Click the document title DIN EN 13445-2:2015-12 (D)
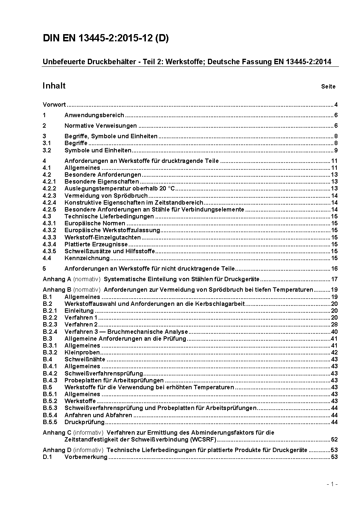click(x=106, y=38)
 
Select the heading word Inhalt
click(x=54, y=86)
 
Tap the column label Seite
click(x=328, y=87)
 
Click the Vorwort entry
click(x=54, y=105)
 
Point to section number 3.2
click(x=47, y=150)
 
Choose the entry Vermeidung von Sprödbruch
click(x=101, y=196)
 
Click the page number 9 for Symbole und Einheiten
click(x=336, y=150)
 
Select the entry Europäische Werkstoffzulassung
click(x=112, y=230)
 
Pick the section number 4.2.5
click(x=49, y=209)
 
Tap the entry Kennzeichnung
click(x=87, y=258)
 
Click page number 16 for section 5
click(x=334, y=269)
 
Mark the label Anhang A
click(x=57, y=279)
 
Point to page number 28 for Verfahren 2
click(x=334, y=325)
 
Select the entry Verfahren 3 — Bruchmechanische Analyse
click(x=126, y=332)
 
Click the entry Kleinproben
click(x=82, y=353)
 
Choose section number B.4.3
click(x=50, y=380)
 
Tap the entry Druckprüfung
click(x=85, y=422)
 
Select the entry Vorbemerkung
click(x=86, y=457)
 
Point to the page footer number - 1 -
click(x=332, y=484)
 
